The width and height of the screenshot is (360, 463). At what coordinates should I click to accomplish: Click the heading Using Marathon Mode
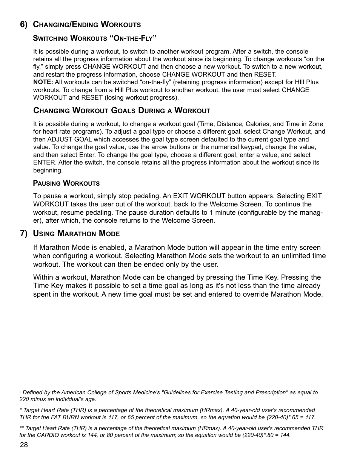[76, 234]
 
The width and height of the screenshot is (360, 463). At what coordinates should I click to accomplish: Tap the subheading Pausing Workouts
[66, 183]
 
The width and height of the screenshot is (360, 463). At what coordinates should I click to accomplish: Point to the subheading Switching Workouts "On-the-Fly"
[95, 38]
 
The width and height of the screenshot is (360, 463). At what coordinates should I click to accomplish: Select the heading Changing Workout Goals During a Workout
[122, 111]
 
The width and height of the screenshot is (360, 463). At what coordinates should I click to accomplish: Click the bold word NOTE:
[43, 82]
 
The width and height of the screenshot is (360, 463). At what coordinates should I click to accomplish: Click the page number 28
[24, 445]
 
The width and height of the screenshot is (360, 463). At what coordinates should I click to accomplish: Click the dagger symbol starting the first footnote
[20, 392]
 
